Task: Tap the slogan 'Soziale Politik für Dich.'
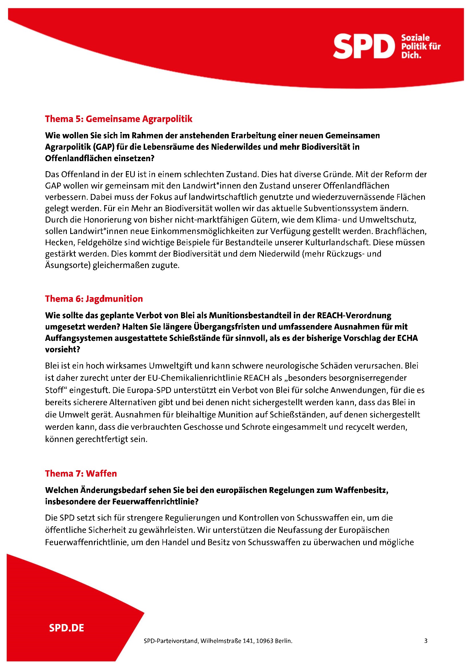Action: [421, 46]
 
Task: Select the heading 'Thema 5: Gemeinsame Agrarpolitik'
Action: [119, 119]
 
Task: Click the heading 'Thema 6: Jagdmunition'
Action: [94, 299]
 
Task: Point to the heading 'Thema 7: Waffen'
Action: [81, 474]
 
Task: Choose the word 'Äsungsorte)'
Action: [68, 265]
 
